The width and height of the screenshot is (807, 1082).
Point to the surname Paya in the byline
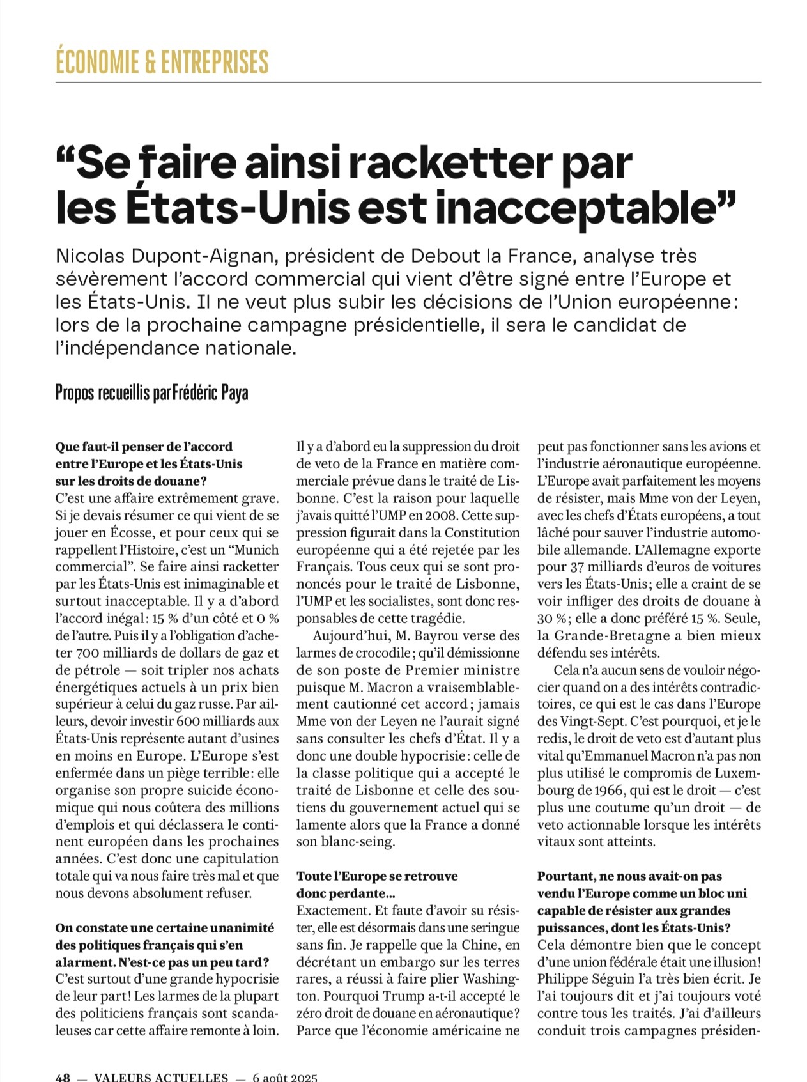pyautogui.click(x=234, y=392)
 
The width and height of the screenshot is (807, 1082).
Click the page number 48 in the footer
pyautogui.click(x=63, y=1077)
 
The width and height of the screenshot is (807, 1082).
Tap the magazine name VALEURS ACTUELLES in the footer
pyautogui.click(x=160, y=1077)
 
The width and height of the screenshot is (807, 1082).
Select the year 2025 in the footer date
pyautogui.click(x=301, y=1077)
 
